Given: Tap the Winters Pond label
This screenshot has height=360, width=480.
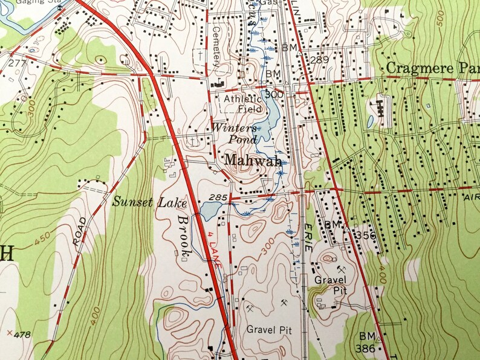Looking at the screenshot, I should click(x=231, y=133).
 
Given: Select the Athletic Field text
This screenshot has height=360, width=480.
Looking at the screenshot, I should click(x=244, y=104).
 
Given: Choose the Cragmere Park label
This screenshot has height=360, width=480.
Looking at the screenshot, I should click(x=432, y=66).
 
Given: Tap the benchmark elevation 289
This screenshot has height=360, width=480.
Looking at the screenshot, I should click(x=319, y=60).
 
